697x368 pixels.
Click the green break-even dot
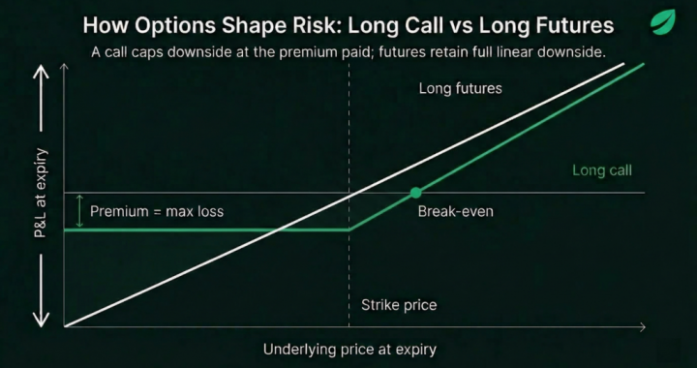click(x=416, y=193)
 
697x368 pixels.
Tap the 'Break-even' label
click(x=454, y=210)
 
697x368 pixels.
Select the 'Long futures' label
click(x=460, y=89)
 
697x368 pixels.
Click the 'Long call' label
click(x=601, y=170)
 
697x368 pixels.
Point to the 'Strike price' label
click(x=398, y=305)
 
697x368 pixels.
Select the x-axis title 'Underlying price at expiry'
click(x=349, y=349)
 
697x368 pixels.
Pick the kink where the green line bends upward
click(x=348, y=230)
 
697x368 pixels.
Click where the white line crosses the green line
click(x=281, y=230)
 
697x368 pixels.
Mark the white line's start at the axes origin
click(x=66, y=325)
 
